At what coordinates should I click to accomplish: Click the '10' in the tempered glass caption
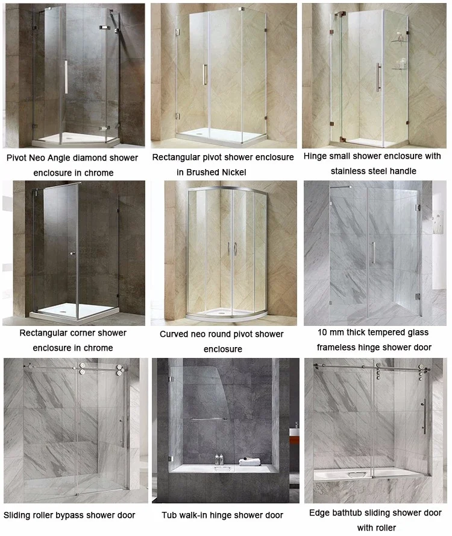click(322, 332)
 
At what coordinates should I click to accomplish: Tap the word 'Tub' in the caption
click(169, 515)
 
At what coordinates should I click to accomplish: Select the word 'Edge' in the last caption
click(319, 512)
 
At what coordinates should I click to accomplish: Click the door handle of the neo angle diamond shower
click(66, 77)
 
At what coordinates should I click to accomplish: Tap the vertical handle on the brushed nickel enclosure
click(205, 74)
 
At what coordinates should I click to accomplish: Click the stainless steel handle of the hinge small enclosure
click(378, 77)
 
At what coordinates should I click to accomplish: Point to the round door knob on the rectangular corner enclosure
click(72, 254)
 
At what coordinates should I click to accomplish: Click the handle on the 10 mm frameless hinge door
click(374, 253)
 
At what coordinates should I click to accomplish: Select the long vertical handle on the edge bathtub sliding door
click(424, 416)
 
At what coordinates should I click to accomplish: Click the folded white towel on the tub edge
click(250, 462)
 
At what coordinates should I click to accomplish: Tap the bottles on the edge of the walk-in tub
click(219, 459)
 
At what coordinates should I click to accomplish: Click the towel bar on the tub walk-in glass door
click(209, 419)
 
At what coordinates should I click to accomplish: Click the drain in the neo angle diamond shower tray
click(69, 139)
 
